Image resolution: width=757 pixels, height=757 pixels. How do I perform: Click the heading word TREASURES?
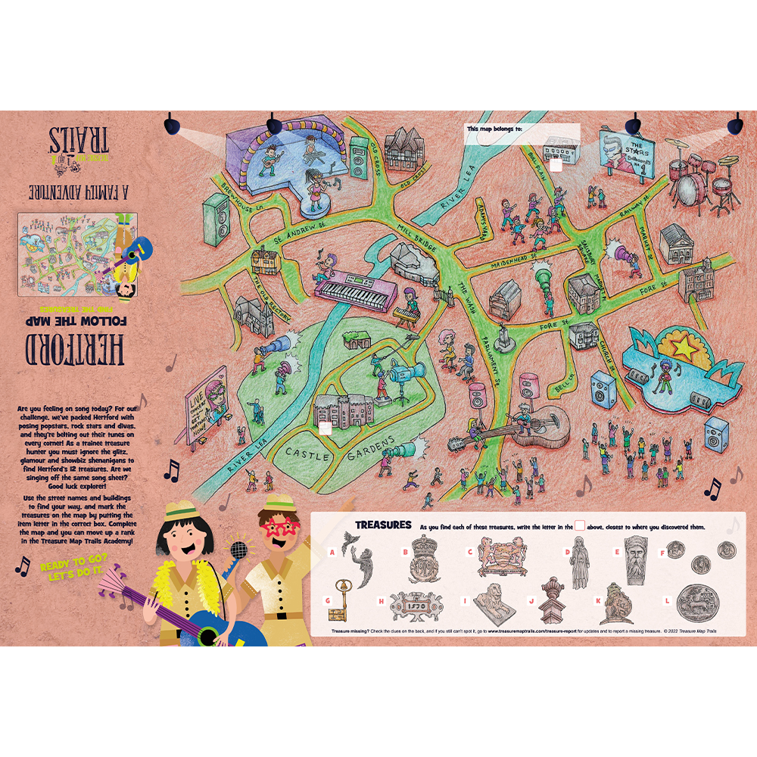coord(383,525)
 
